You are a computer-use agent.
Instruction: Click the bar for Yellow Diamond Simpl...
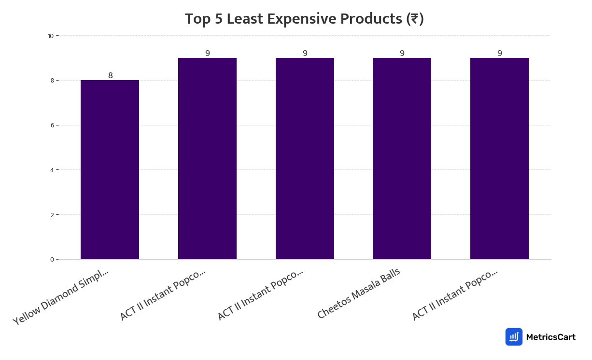[x=110, y=169]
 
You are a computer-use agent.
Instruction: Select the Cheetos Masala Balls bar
[x=402, y=158]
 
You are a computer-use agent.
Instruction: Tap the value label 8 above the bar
[x=111, y=76]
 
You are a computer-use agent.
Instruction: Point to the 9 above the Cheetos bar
[x=402, y=54]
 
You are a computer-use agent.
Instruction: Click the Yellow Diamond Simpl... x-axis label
[x=61, y=297]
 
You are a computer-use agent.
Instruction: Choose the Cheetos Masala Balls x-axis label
[x=359, y=293]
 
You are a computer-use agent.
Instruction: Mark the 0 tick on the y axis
[x=51, y=260]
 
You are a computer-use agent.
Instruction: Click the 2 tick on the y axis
[x=51, y=215]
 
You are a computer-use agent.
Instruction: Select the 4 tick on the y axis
[x=51, y=170]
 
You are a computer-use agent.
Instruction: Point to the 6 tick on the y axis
[x=51, y=125]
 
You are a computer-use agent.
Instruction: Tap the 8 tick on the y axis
[x=51, y=81]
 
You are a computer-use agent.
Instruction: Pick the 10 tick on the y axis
[x=50, y=36]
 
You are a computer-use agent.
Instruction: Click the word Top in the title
[x=197, y=19]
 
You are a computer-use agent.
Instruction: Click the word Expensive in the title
[x=302, y=19]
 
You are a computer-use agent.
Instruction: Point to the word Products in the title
[x=372, y=19]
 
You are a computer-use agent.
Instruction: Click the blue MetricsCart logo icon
[x=514, y=337]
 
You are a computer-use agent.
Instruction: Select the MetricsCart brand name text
[x=550, y=337]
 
